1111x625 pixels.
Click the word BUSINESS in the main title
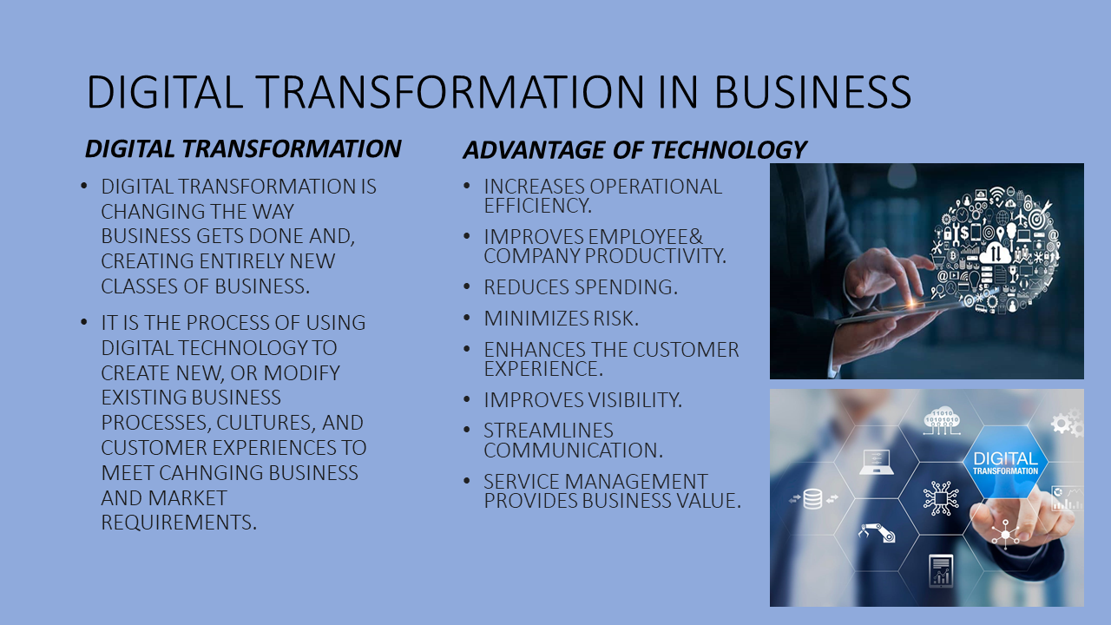(812, 92)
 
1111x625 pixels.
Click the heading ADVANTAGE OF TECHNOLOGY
(634, 150)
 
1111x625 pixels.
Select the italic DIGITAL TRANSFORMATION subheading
(243, 148)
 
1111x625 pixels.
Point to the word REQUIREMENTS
(179, 523)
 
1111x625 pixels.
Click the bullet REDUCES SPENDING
(581, 287)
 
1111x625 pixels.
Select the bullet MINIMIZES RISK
(561, 319)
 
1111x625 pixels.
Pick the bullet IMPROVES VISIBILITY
(582, 400)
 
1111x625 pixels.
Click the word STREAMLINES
(549, 431)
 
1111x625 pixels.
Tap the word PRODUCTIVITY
(655, 256)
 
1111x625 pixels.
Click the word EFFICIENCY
(537, 206)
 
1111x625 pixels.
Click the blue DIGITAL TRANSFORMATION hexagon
(1005, 463)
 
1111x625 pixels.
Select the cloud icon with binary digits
(942, 422)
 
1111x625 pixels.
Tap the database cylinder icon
(812, 499)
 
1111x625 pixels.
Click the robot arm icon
(877, 532)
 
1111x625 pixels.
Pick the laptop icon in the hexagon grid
(877, 462)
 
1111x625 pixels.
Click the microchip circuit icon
(940, 497)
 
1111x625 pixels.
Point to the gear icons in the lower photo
(1067, 423)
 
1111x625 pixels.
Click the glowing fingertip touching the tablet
(911, 300)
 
